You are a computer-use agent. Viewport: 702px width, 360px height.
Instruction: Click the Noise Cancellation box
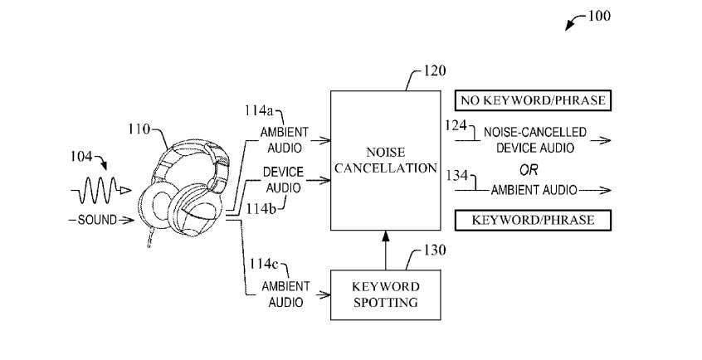384,161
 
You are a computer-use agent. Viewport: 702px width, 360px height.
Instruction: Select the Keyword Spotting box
384,295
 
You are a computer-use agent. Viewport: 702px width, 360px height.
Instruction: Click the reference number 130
434,250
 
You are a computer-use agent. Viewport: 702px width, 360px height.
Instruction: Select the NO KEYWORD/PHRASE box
532,101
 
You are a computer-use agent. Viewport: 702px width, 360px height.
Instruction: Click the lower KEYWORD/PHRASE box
532,220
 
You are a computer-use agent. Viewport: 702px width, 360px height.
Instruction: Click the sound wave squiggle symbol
99,192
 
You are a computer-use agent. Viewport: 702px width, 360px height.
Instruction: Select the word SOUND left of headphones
99,220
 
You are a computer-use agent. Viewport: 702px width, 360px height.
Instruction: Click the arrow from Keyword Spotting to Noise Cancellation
384,249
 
